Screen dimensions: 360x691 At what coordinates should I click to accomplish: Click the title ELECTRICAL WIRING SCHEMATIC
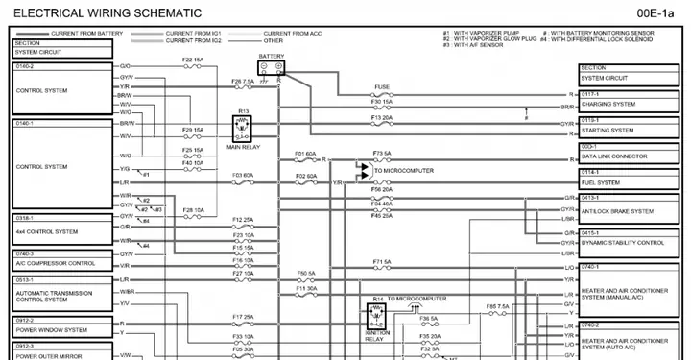coord(107,12)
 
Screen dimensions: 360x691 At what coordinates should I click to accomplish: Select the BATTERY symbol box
coord(272,67)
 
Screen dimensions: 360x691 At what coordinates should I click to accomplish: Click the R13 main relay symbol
coord(243,127)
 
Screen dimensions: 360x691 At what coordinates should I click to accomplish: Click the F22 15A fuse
coord(193,66)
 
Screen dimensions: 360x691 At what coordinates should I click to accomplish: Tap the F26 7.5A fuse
coord(243,87)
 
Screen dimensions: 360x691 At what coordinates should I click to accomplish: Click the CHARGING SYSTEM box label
coord(608,104)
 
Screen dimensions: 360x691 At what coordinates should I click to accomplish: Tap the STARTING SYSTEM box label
coord(608,130)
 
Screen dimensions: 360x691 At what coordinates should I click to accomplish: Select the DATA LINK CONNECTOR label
coord(616,156)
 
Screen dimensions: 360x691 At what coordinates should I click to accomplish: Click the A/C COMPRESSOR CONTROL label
coord(55,262)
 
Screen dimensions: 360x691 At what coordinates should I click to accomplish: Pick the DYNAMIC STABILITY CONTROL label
coord(623,243)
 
